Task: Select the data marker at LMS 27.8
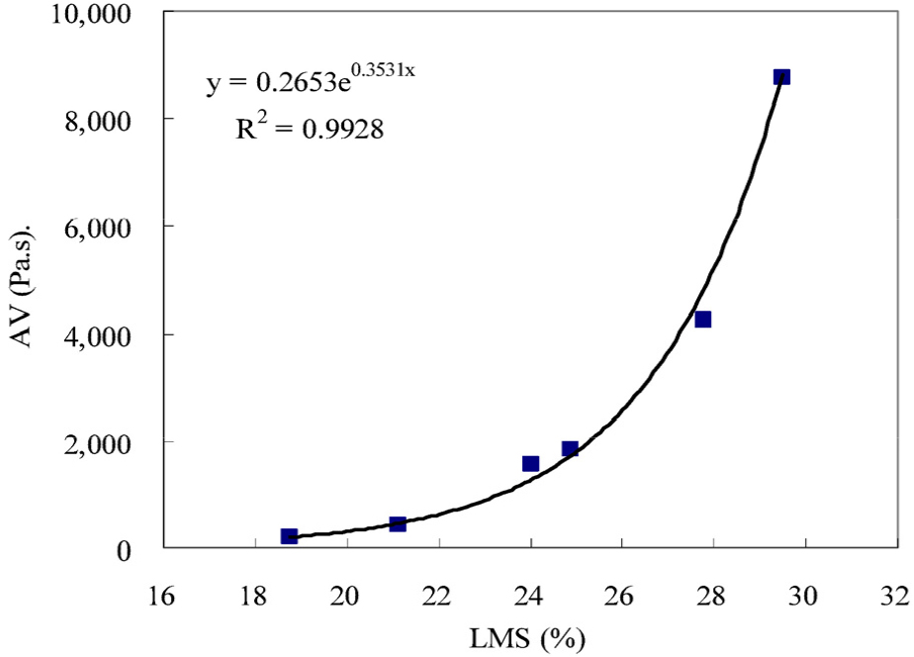702,320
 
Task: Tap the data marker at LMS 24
530,463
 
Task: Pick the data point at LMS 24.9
570,449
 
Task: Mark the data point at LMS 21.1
398,523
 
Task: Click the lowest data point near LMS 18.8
289,536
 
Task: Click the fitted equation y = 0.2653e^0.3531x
310,82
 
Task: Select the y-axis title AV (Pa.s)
29,282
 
